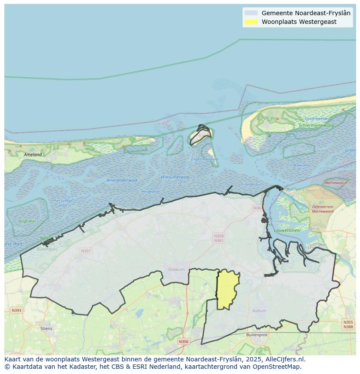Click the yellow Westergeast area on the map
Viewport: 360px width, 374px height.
(x=227, y=289)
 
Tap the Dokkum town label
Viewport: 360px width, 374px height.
(x=177, y=270)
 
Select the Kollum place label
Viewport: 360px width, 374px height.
(x=259, y=311)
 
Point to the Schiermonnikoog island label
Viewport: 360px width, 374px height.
(x=317, y=126)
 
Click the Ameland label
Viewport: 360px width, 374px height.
(x=33, y=155)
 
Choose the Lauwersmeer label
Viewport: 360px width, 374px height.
(x=287, y=231)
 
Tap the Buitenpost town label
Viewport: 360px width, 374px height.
(x=257, y=335)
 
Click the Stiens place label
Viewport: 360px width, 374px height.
(x=46, y=328)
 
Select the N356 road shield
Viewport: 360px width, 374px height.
(x=183, y=341)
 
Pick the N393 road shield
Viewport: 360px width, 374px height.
(x=16, y=310)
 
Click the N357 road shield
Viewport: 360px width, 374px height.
(x=86, y=251)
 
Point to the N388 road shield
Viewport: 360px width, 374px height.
(x=348, y=327)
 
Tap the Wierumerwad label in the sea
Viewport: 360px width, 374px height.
(x=175, y=177)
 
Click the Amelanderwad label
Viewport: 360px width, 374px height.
(x=122, y=180)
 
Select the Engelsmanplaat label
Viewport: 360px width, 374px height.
(x=205, y=159)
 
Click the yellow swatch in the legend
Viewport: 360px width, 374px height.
(x=251, y=22)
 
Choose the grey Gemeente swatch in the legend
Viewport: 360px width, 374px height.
(x=251, y=13)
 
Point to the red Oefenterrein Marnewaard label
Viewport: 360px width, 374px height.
(x=323, y=209)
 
